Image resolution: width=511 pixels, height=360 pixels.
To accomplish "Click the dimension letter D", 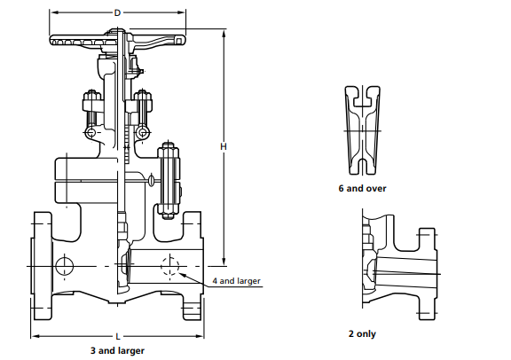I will (x=118, y=13).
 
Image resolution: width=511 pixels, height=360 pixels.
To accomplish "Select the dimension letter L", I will (x=117, y=337).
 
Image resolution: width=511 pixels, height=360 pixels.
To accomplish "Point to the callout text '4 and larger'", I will (x=237, y=281).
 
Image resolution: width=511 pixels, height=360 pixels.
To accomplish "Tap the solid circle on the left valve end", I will (x=64, y=265).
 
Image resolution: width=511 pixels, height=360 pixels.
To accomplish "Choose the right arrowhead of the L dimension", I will (x=203, y=337).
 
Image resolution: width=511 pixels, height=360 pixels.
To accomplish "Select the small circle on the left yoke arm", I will (x=91, y=133).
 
